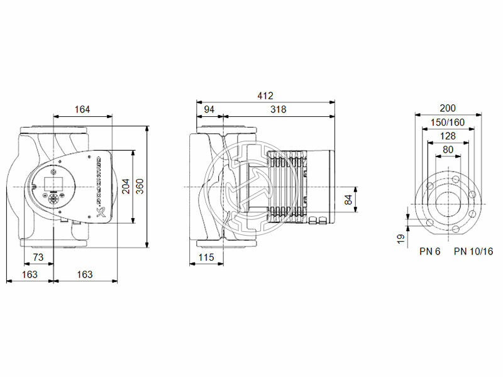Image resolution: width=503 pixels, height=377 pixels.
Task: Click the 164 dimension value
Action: coord(82,109)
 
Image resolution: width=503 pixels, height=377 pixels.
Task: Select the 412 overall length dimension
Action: coord(265,96)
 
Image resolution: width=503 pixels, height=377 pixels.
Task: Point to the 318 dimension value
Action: coord(278,109)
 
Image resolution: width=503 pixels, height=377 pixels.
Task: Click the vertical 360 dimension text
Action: coord(140,187)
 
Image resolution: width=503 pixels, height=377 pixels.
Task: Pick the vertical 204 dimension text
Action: coord(126,187)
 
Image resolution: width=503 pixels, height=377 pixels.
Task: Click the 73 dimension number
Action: coord(38,257)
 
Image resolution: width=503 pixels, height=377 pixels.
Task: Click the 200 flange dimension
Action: coord(448,108)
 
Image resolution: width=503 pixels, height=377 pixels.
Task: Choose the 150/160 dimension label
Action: coord(448,122)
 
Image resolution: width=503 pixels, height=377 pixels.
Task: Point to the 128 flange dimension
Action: coord(448,136)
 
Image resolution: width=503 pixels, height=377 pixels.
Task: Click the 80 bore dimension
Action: coord(448,150)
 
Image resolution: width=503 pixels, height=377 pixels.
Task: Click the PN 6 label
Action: coord(430,251)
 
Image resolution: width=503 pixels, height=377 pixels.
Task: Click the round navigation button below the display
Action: coord(53,197)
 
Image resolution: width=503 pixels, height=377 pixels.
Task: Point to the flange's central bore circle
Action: coord(448,203)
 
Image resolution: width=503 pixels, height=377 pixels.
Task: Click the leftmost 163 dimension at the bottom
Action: coord(29,274)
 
